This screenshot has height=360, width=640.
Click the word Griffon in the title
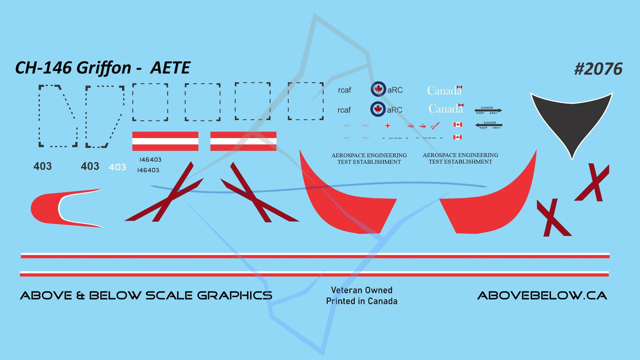click(x=104, y=68)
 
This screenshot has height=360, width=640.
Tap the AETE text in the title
click(x=170, y=68)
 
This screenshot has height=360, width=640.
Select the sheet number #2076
click(x=598, y=69)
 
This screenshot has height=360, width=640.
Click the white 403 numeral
click(x=117, y=167)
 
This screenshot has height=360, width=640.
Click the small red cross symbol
click(x=388, y=125)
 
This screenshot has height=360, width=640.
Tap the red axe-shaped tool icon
click(x=435, y=126)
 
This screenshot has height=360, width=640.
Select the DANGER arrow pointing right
click(x=488, y=110)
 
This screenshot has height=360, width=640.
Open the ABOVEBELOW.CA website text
click(x=542, y=295)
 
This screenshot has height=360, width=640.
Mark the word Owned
click(x=379, y=290)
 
